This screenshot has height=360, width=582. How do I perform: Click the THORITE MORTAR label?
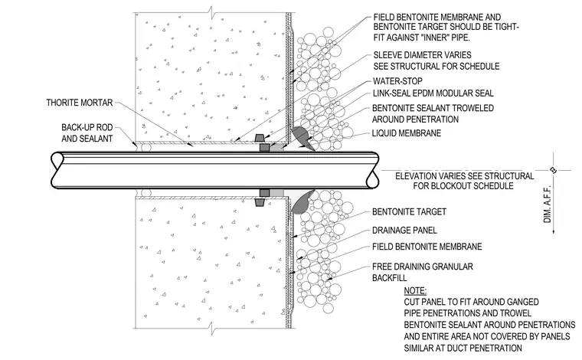(80, 103)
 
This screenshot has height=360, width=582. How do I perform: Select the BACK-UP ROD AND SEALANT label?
(87, 133)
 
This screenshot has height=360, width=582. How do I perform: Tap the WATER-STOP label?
(397, 81)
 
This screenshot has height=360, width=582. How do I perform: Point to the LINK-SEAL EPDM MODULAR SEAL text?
(433, 93)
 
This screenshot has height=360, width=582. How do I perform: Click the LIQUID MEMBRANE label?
(407, 133)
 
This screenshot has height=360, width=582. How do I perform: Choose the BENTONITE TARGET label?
(409, 212)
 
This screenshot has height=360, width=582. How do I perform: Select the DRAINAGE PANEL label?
(404, 231)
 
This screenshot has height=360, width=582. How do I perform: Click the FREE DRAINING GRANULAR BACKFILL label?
(423, 272)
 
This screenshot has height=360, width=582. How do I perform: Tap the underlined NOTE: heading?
(415, 290)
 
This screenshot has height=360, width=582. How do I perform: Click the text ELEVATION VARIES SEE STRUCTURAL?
(464, 176)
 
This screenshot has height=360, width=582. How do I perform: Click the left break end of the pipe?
(57, 170)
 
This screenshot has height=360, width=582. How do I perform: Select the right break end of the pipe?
(373, 170)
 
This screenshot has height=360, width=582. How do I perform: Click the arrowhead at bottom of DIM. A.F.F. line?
(554, 231)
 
